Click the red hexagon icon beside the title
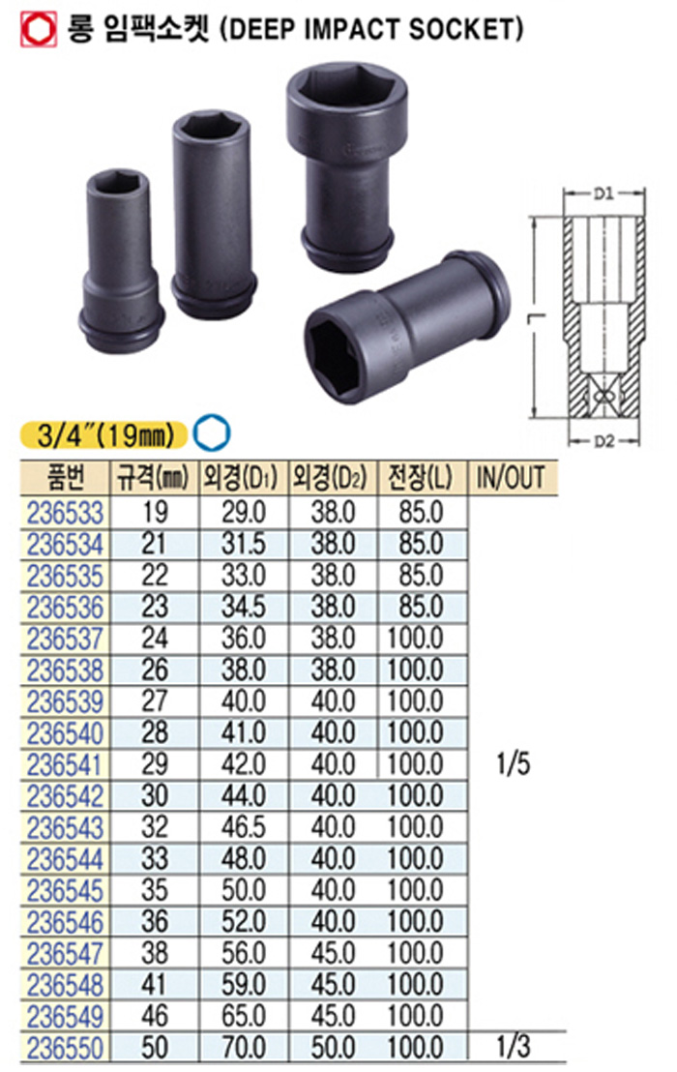pos(39,29)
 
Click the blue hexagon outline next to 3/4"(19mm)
pos(211,433)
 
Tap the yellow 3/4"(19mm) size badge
pos(103,434)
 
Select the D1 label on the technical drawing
pos(603,194)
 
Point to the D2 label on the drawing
pos(603,441)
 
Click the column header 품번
pos(66,477)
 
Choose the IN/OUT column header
pos(511,478)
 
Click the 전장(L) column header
pos(421,478)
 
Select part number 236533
pos(66,513)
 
